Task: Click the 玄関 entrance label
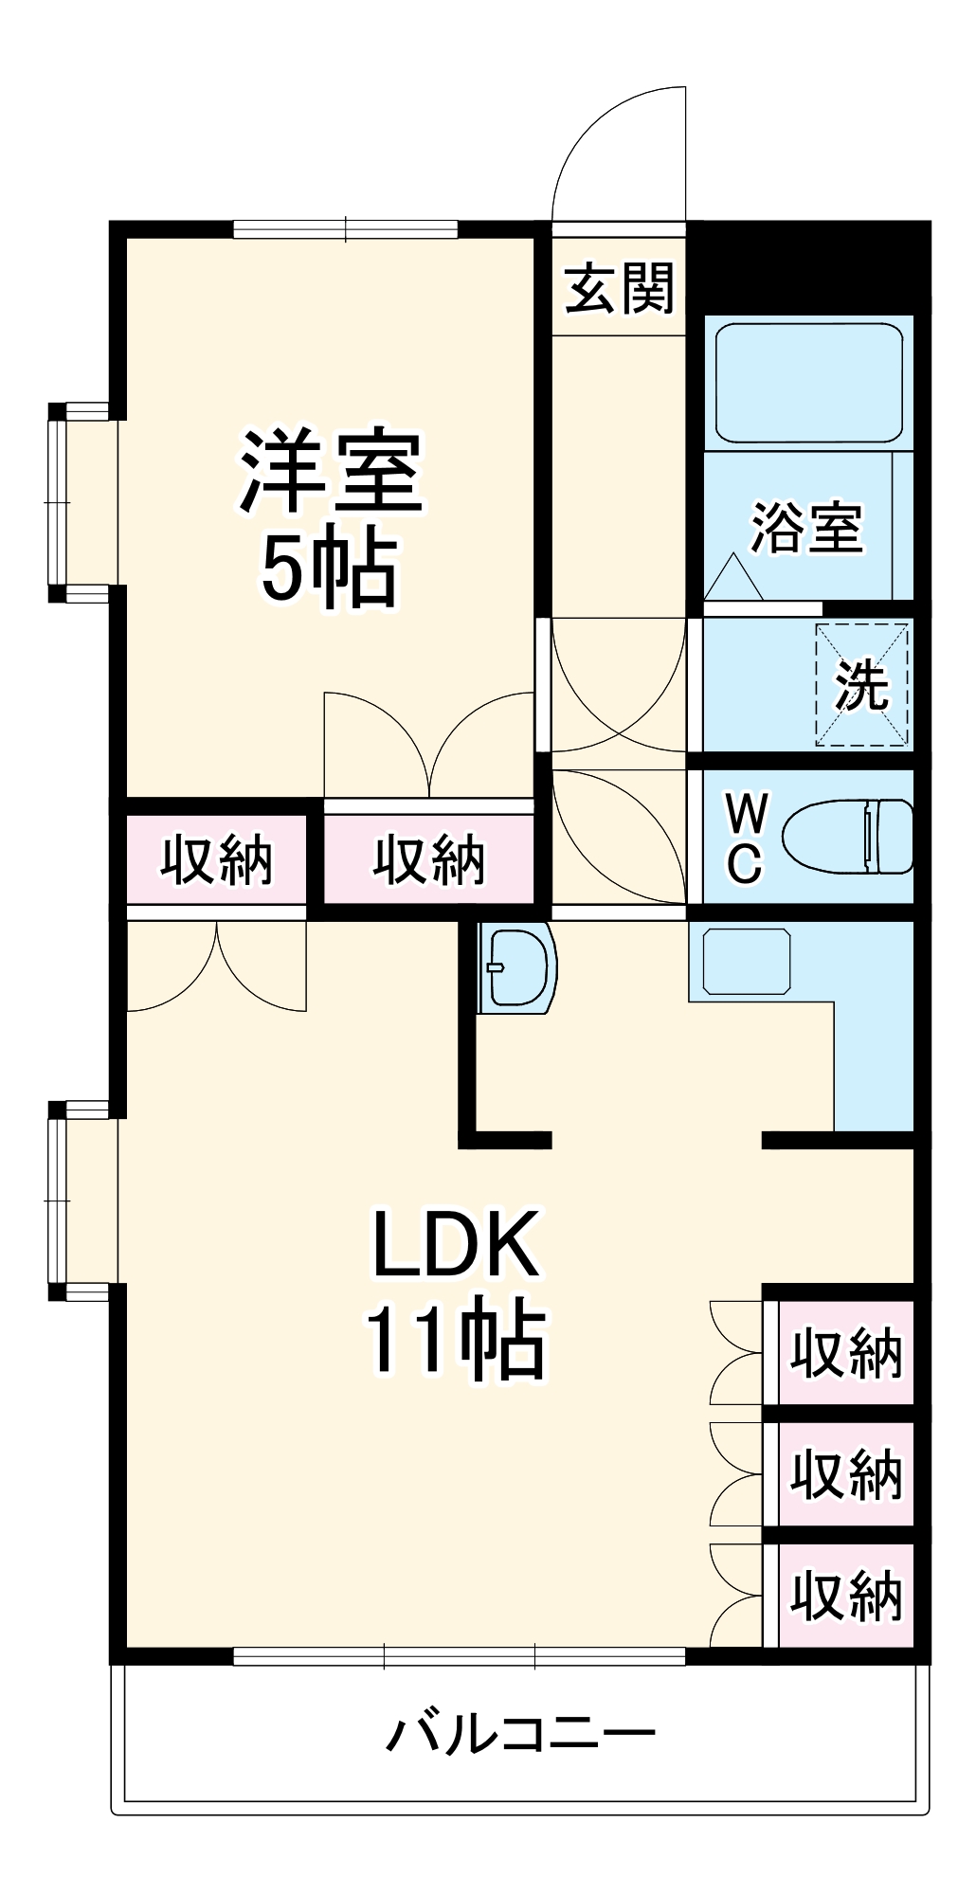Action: click(x=619, y=288)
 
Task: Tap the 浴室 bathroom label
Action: click(x=806, y=527)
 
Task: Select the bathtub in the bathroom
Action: click(x=808, y=382)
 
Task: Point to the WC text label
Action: click(x=746, y=838)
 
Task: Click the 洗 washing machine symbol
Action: click(x=861, y=684)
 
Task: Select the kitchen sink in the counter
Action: click(x=747, y=961)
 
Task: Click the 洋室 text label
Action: click(x=331, y=472)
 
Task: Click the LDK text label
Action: click(x=456, y=1244)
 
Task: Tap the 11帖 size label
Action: click(x=456, y=1341)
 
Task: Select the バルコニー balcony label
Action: click(x=520, y=1734)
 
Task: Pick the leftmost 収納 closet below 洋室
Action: click(x=217, y=860)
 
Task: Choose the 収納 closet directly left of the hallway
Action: click(x=429, y=860)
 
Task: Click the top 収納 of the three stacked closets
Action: click(x=845, y=1353)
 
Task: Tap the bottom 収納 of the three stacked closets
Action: click(x=845, y=1596)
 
